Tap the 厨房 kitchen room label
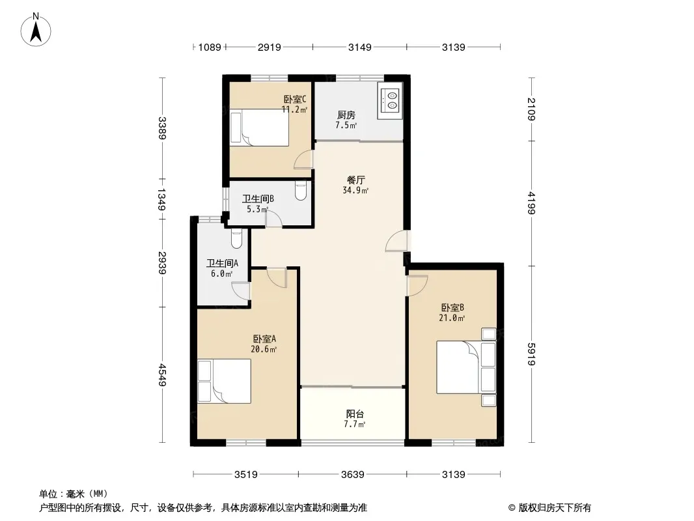click(x=346, y=115)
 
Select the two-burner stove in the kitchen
click(x=391, y=100)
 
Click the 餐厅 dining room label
click(x=356, y=180)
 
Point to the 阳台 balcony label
click(x=355, y=414)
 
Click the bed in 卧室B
click(x=466, y=367)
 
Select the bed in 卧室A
click(x=224, y=381)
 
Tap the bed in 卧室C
click(x=259, y=128)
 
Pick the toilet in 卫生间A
click(x=237, y=238)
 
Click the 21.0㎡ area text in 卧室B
click(x=452, y=318)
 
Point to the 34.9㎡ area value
click(x=355, y=190)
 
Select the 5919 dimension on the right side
click(x=531, y=354)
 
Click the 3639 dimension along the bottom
click(x=353, y=475)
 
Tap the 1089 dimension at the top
click(x=210, y=47)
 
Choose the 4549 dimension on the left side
click(x=163, y=374)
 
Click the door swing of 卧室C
click(x=303, y=160)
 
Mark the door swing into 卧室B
click(x=417, y=286)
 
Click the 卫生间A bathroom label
click(x=222, y=263)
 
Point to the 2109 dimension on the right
click(x=531, y=109)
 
